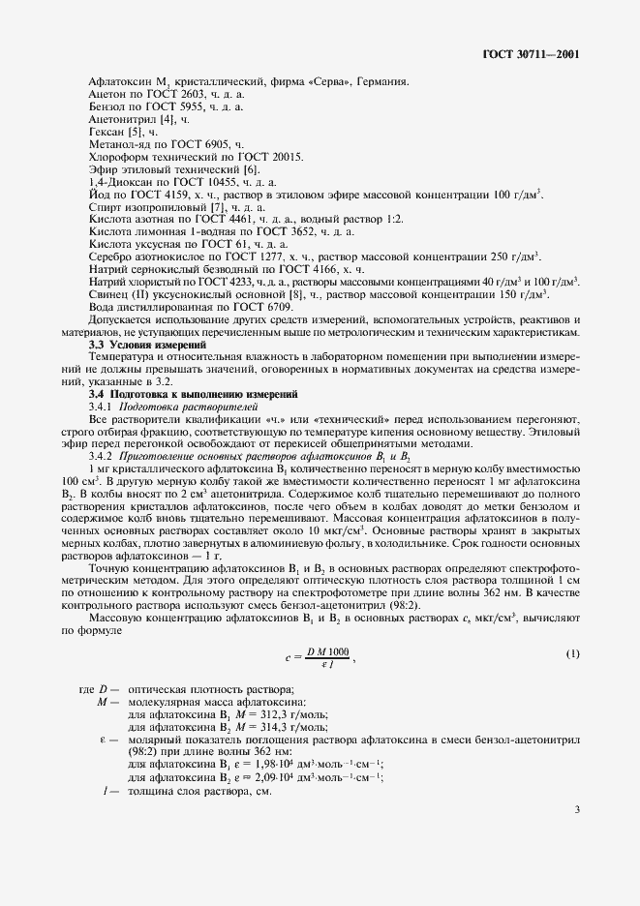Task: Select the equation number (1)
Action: (572, 654)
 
